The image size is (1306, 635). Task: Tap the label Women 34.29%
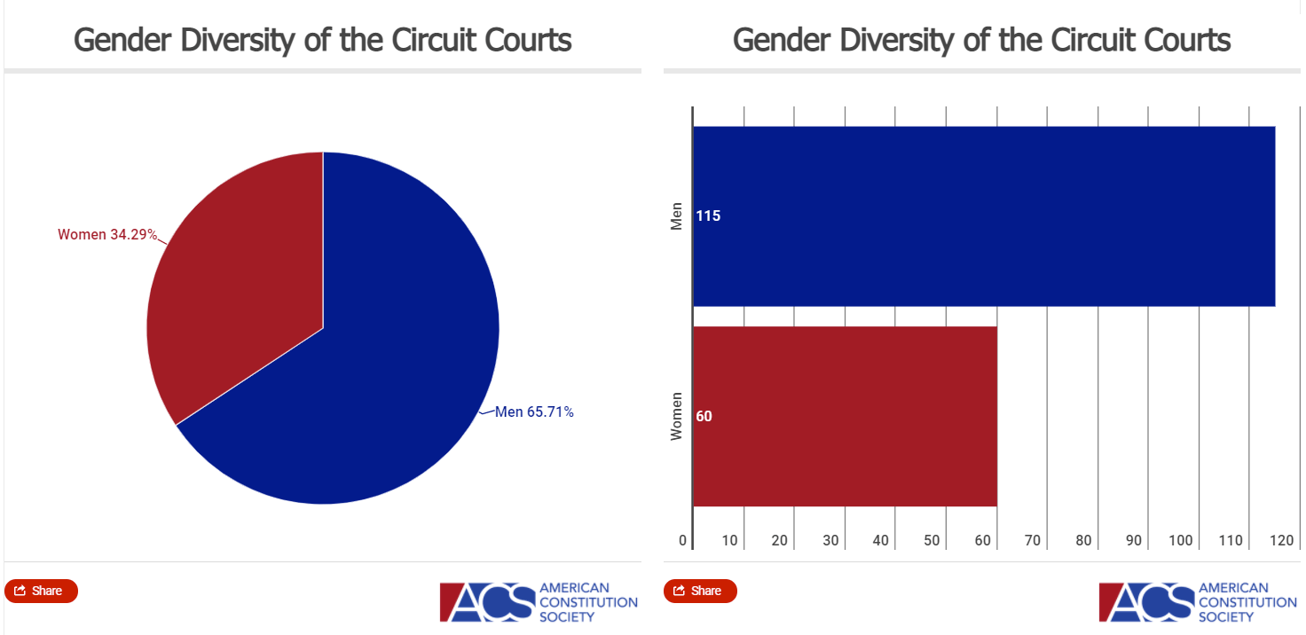pos(107,235)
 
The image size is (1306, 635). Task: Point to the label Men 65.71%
pos(534,412)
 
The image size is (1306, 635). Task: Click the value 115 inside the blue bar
pos(708,216)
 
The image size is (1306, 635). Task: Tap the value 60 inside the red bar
pos(704,416)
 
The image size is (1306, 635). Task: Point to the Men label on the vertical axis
pos(677,216)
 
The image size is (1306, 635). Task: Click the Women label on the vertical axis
pos(677,416)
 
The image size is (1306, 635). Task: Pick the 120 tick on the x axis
pos(1280,541)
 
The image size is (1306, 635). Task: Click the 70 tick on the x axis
pos(1032,541)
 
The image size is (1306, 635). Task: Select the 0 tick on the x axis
pos(683,541)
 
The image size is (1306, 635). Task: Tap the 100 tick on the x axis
pos(1180,541)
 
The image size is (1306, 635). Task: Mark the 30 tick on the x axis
pos(830,541)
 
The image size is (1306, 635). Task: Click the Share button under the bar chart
pos(700,591)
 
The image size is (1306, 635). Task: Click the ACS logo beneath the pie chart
pos(538,601)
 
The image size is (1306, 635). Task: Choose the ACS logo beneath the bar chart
pos(1197,601)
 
